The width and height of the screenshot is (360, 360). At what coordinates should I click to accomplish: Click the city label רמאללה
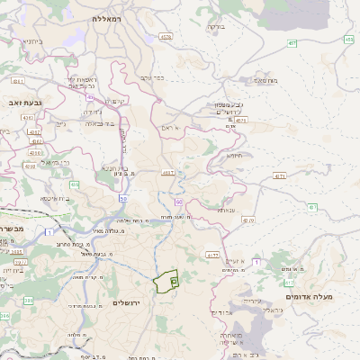pyautogui.click(x=112, y=18)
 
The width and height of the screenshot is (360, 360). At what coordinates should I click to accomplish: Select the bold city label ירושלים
pyautogui.click(x=128, y=302)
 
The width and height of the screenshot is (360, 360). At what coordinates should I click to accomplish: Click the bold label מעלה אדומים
pyautogui.click(x=310, y=296)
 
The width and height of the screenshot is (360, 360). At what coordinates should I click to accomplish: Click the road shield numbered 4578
pyautogui.click(x=165, y=37)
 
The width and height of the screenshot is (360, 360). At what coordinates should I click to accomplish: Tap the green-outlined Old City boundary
pyautogui.click(x=166, y=282)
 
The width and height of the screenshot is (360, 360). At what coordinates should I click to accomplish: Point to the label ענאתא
pyautogui.click(x=226, y=210)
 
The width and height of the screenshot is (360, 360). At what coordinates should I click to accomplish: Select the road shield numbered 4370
pyautogui.click(x=248, y=219)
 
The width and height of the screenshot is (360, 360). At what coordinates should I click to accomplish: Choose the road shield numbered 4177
pyautogui.click(x=212, y=255)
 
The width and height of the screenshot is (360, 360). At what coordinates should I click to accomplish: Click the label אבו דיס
pyautogui.click(x=221, y=312)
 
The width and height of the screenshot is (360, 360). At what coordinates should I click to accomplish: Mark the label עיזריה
pyautogui.click(x=252, y=301)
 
